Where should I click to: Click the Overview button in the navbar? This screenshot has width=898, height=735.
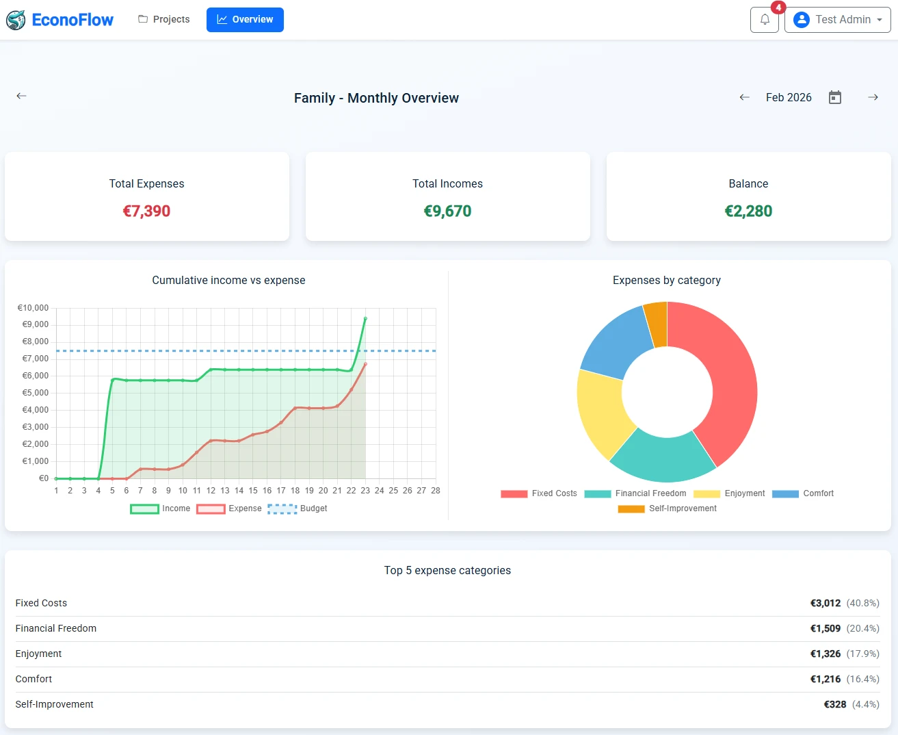coord(245,20)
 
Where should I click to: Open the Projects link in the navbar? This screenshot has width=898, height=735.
coord(164,19)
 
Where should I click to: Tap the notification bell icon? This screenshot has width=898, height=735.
coord(765,20)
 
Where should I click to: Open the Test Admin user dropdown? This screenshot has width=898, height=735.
coord(837,20)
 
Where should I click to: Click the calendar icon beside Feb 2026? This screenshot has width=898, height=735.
coord(834,97)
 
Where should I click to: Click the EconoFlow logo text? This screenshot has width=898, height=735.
coord(72,20)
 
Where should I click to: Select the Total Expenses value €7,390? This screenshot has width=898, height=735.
coord(146,211)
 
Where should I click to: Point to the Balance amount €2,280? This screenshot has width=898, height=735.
coord(748,211)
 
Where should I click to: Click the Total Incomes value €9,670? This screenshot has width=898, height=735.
coord(447,211)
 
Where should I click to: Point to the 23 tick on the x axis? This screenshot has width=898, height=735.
coord(365,491)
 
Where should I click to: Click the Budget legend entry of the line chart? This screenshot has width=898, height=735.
coord(298,508)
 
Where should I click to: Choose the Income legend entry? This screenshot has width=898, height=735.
coord(161,508)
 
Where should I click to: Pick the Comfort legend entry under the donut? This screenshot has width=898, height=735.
coord(803,493)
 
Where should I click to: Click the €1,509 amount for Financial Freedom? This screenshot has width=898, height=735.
coord(825,628)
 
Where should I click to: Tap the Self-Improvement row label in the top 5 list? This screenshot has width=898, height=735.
coord(55,704)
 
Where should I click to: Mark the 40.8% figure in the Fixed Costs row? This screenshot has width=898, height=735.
coord(862,603)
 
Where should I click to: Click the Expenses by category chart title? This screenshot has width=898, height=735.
coord(666,280)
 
